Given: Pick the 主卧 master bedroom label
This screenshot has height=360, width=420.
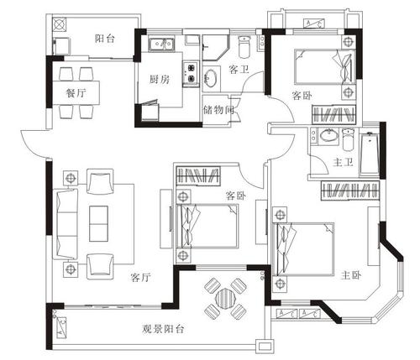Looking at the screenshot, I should click(351, 274).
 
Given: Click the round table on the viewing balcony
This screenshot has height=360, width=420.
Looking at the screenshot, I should click(223, 298).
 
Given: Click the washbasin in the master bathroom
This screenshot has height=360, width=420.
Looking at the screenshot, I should click(325, 137).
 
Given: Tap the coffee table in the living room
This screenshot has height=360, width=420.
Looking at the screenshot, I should click(99, 220).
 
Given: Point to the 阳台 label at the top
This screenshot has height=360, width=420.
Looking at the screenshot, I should click(105, 38).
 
